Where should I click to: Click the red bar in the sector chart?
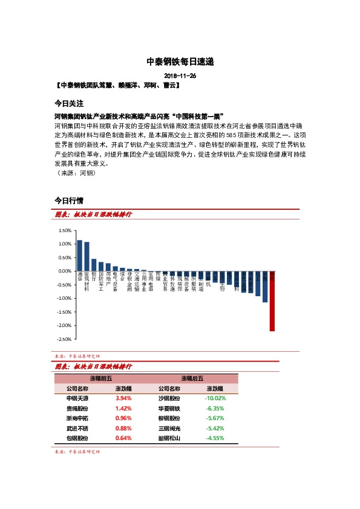[272, 301]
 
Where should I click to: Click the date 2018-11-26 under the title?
[180, 76]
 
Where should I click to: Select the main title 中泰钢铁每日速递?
[180, 62]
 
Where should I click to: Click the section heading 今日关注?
[68, 103]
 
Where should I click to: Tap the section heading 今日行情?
[68, 199]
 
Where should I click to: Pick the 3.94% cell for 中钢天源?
[123, 399]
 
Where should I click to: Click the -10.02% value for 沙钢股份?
[215, 399]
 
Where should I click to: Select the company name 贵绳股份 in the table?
[77, 409]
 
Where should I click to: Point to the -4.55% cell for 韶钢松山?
[215, 438]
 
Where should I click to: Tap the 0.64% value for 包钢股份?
[123, 438]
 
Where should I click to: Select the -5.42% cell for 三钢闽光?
[215, 428]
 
